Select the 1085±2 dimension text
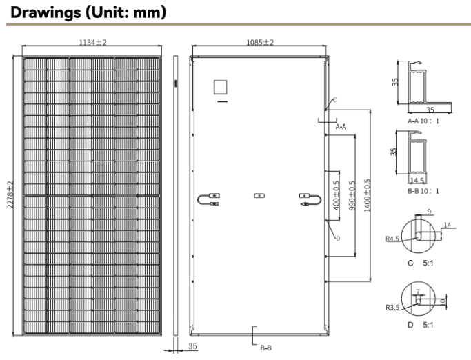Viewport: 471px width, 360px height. point(260,43)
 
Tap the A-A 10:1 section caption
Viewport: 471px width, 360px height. point(423,121)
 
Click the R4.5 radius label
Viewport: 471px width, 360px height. point(392,239)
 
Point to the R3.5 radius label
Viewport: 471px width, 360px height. point(392,308)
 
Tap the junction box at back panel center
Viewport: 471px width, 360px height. point(259,196)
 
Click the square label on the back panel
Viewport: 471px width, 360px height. point(221,88)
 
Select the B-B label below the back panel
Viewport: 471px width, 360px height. point(266,348)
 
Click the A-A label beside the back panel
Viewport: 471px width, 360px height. point(341,128)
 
